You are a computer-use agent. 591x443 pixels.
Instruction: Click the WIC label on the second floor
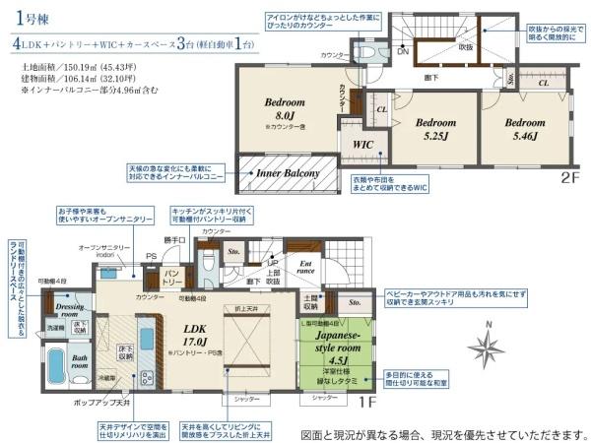[x=362, y=144]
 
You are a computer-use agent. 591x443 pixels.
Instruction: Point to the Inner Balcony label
[x=288, y=174]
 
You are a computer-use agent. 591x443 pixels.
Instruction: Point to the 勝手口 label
[x=175, y=239]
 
